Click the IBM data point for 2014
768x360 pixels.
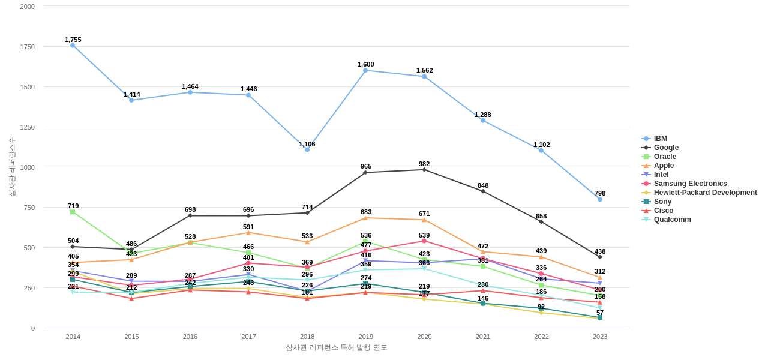pos(73,46)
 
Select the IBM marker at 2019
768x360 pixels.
pos(365,70)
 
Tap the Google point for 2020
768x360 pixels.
pos(424,170)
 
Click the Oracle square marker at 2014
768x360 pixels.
pos(73,212)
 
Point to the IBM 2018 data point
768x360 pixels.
pos(307,149)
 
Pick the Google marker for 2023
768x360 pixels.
pos(600,257)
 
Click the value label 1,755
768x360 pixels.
pos(73,40)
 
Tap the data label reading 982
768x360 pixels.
pos(424,164)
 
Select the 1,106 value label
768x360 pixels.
pos(307,144)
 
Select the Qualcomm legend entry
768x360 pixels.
pos(672,220)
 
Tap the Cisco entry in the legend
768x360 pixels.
pos(663,211)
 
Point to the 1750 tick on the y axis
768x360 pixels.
pos(28,47)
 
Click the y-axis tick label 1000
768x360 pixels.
pos(28,167)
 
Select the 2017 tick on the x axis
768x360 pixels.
pos(248,337)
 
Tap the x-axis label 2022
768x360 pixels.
pos(541,337)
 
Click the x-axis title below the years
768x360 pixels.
pos(336,347)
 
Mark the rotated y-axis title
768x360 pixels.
pos(12,167)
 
